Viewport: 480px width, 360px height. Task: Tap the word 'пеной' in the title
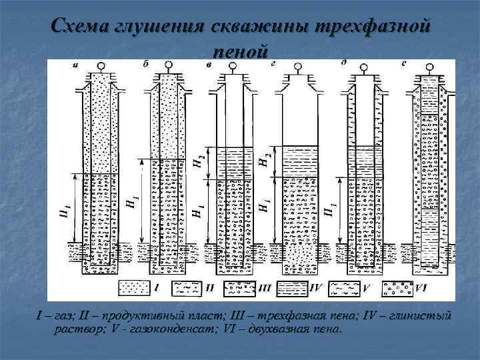tap(241, 51)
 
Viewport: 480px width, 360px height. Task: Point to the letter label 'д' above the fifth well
tap(343, 63)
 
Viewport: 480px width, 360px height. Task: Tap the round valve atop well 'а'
tap(101, 67)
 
